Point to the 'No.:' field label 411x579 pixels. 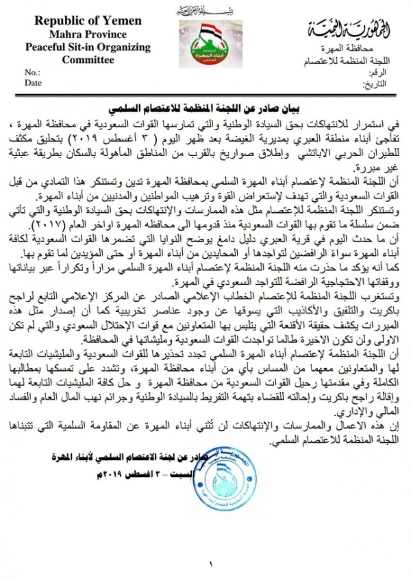tap(33, 72)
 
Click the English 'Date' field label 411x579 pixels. tap(34, 83)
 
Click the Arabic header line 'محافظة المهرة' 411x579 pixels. tap(349, 51)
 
